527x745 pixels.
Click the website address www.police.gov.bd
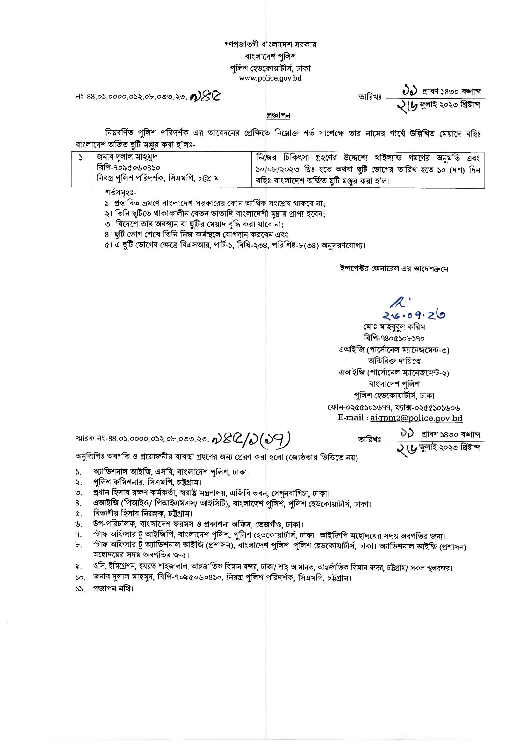point(270,78)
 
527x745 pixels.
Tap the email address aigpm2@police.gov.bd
point(416,418)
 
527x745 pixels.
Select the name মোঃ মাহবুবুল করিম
point(394,326)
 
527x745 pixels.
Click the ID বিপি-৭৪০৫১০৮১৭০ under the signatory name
point(394,338)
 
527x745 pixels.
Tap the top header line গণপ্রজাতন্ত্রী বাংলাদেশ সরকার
point(270,45)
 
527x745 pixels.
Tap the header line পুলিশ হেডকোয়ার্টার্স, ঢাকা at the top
point(270,68)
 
